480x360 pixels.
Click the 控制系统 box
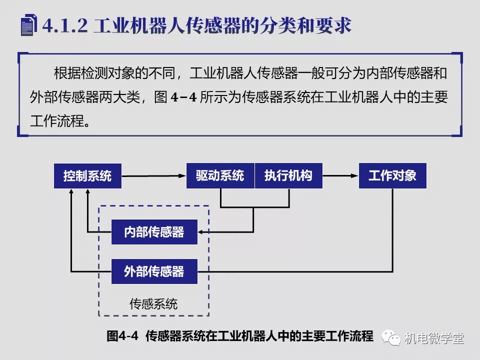point(87,176)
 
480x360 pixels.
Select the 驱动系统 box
point(220,175)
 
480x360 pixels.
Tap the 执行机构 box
point(288,175)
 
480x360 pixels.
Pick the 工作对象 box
point(392,175)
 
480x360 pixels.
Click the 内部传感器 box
point(154,232)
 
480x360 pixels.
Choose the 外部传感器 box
point(154,271)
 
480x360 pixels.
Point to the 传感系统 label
point(153,304)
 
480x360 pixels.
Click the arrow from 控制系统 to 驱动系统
point(154,176)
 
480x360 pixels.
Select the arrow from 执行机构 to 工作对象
point(340,175)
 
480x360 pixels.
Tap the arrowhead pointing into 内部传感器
point(201,232)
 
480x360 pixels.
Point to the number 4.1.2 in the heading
point(65,25)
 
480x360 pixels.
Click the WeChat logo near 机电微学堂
point(391,337)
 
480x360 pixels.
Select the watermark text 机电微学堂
point(434,338)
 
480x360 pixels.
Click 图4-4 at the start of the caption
point(122,336)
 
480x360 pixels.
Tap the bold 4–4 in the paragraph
point(183,97)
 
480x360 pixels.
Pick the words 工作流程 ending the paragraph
point(57,121)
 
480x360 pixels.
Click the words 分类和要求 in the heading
point(305,25)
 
